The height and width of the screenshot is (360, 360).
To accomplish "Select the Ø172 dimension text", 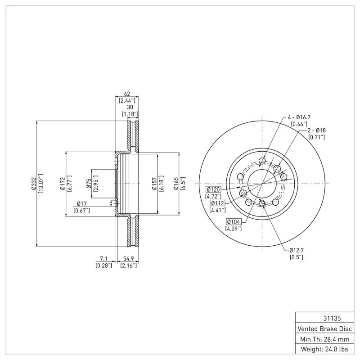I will click(x=63, y=184).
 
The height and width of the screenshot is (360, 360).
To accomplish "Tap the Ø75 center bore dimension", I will click(x=89, y=184).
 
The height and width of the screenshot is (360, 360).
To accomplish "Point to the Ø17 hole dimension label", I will click(x=81, y=204).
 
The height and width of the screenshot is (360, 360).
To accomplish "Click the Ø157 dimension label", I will click(x=154, y=184).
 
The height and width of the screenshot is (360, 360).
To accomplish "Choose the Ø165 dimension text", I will click(x=176, y=184).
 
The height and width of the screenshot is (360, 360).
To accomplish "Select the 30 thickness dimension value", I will click(x=130, y=108).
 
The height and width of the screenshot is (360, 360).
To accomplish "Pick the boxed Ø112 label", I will click(x=218, y=203).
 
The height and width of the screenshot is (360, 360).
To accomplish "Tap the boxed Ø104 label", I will click(x=234, y=221).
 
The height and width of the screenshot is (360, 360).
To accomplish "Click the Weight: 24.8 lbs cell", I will click(x=324, y=349).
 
